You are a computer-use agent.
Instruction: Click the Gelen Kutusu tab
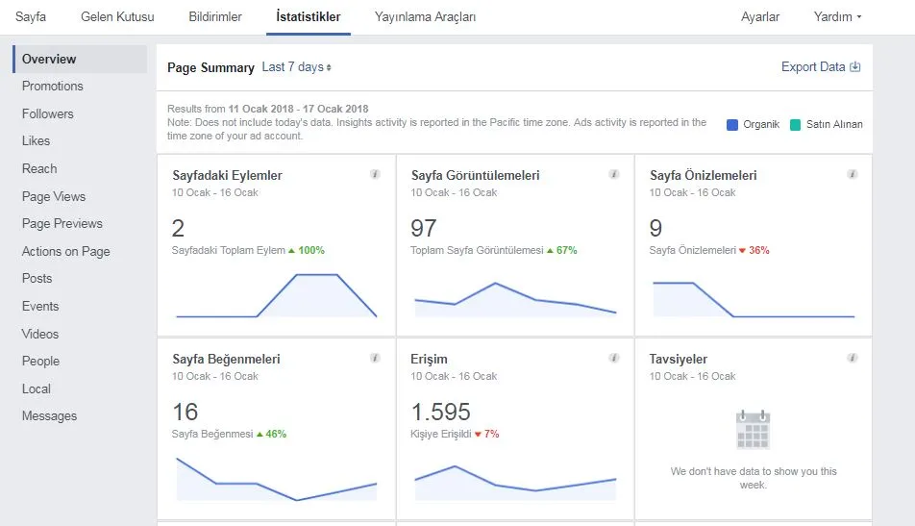tap(117, 17)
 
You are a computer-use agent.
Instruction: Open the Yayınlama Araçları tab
tap(425, 17)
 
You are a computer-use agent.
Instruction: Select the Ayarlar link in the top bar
tap(759, 17)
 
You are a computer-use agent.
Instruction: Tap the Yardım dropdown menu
tap(837, 17)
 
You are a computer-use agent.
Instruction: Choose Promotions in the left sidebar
tap(53, 86)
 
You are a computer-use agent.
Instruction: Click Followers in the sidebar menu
tap(48, 113)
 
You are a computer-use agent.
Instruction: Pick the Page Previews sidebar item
tap(62, 224)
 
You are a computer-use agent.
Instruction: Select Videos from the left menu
tap(40, 334)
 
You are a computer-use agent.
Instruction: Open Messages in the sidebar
tap(50, 415)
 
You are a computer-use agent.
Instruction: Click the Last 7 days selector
tap(296, 67)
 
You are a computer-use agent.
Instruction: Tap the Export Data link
tap(821, 66)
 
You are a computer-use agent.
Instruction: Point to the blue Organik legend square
tap(732, 124)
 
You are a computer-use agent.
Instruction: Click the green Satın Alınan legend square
tap(795, 124)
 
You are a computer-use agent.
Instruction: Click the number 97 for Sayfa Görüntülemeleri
tap(424, 228)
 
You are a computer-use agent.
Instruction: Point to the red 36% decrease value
tap(759, 250)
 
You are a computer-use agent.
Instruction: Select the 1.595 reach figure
tap(440, 413)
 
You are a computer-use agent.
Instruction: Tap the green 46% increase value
tap(276, 435)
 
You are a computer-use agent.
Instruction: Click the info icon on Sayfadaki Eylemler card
tap(375, 174)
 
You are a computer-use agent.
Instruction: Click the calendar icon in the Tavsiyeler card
tap(754, 430)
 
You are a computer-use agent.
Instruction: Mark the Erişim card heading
tap(429, 359)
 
